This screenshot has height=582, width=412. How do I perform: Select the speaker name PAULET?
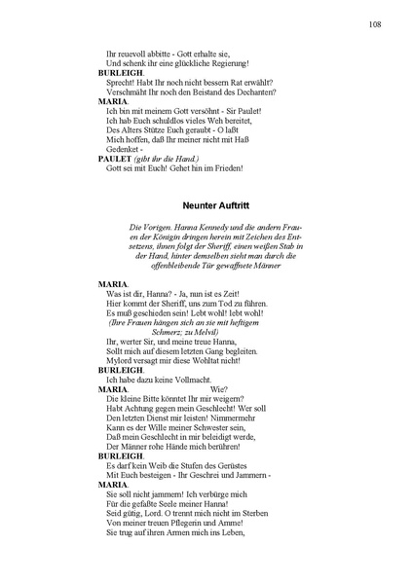coord(115,158)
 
